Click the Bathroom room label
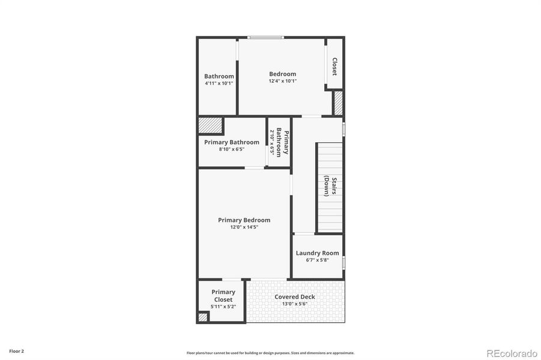point(219,76)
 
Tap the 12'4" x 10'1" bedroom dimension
point(282,81)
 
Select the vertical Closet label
point(334,66)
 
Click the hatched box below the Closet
point(338,103)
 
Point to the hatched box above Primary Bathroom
point(210,125)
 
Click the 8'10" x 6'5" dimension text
point(231,149)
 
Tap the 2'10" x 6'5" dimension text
point(272,142)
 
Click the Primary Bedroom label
point(244,220)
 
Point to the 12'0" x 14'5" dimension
point(244,227)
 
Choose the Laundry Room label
point(317,253)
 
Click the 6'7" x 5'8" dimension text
point(317,260)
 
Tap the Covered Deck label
point(295,297)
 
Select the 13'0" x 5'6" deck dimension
point(295,304)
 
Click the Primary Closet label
point(223,296)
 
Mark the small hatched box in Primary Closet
point(203,317)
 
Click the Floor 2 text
point(16,350)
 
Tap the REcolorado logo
point(511,352)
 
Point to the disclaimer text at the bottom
point(270,353)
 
